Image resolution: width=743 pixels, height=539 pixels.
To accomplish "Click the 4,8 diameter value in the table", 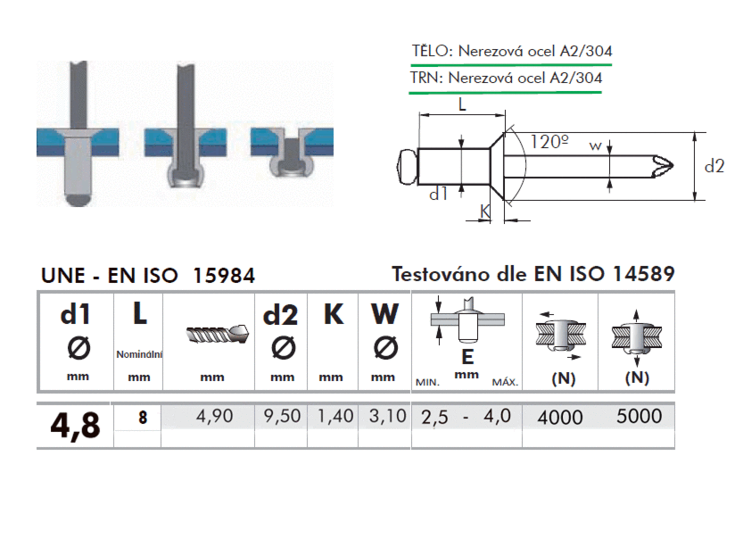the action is pos(75,426).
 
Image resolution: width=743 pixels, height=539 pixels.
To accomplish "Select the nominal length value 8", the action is pos(143,418).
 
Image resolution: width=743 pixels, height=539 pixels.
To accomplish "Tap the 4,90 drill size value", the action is pos(215,416).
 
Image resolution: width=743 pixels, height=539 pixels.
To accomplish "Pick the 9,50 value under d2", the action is pos(283,416).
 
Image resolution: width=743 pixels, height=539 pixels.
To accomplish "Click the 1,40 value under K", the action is pos(335,416).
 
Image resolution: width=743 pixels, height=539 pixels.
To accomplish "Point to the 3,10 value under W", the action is pos(388,416).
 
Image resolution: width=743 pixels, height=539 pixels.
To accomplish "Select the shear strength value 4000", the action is pos(560,418).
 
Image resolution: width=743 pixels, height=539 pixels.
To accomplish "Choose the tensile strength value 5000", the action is pos(640,416).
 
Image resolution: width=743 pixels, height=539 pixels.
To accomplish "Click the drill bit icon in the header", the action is pos(218,335).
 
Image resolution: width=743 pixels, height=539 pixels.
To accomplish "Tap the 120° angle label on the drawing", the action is pos(549,142).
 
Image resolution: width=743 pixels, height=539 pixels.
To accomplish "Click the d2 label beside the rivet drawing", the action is pos(714,166).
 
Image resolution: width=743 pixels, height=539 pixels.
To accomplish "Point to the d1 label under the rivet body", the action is pos(438,194).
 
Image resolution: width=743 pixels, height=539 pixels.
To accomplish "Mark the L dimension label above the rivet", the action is pos(462,104).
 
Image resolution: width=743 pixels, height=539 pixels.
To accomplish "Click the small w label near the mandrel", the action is pos(595,145).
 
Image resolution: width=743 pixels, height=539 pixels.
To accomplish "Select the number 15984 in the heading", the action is pos(224,276).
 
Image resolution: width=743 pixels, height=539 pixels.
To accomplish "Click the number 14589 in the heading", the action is pos(644,274).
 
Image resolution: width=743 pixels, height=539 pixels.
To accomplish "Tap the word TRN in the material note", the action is pos(425,78).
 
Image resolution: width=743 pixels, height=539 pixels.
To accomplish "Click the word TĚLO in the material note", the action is pos(430,51).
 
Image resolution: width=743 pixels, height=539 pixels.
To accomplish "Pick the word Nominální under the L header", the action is pos(139,354).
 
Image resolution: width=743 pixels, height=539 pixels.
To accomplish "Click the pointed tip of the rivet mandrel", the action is pos(673,166).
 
